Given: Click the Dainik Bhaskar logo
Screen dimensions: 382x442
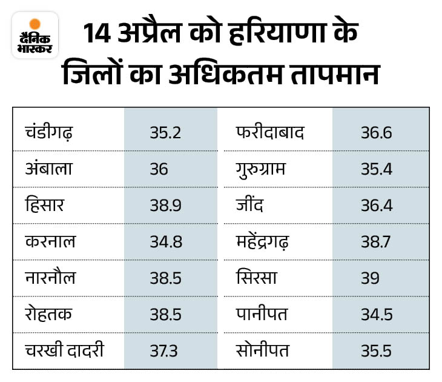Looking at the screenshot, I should click(x=35, y=35).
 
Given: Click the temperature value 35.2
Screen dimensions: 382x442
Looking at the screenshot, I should click(x=165, y=132).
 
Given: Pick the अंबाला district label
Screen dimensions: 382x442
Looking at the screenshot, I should click(x=49, y=169).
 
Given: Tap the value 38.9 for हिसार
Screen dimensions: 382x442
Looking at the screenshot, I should click(x=165, y=205).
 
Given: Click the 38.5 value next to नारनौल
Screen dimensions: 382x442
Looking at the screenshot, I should click(x=165, y=278).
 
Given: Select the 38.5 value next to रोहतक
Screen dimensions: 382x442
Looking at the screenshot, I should click(x=165, y=314).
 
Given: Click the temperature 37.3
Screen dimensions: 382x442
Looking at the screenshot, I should click(x=165, y=350).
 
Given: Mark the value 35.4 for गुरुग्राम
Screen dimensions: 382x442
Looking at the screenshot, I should click(x=377, y=169).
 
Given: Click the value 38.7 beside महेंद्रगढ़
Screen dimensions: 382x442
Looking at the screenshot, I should click(x=377, y=241).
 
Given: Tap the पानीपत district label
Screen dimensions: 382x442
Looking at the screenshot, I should click(x=262, y=314).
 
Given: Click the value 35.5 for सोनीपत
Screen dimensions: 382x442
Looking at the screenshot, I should click(x=377, y=350).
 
